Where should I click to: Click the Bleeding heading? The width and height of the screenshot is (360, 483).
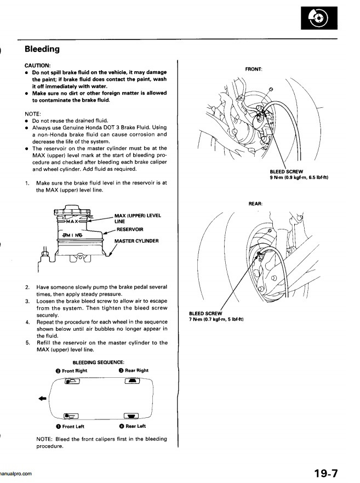(42, 49)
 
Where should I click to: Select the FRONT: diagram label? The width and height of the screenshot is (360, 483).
(254, 70)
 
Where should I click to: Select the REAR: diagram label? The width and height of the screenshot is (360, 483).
(256, 203)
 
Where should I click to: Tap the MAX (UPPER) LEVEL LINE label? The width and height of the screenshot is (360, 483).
(138, 219)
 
